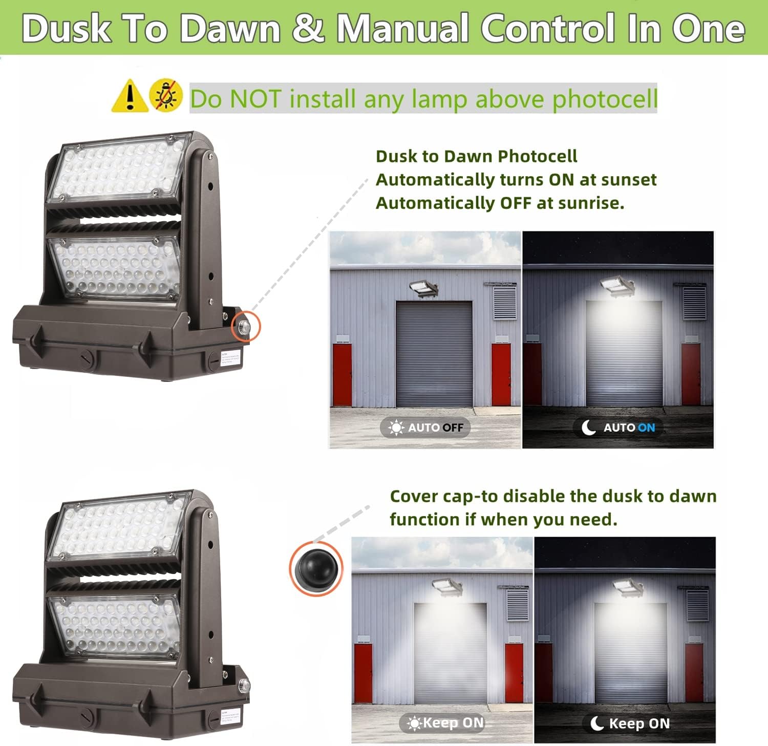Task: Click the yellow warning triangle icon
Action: (130, 96)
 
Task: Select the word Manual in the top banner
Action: (401, 28)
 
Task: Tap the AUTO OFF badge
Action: (425, 428)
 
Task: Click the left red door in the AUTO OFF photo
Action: (342, 374)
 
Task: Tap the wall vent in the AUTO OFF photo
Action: (504, 302)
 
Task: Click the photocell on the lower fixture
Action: (244, 685)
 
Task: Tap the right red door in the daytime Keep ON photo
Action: (514, 672)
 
